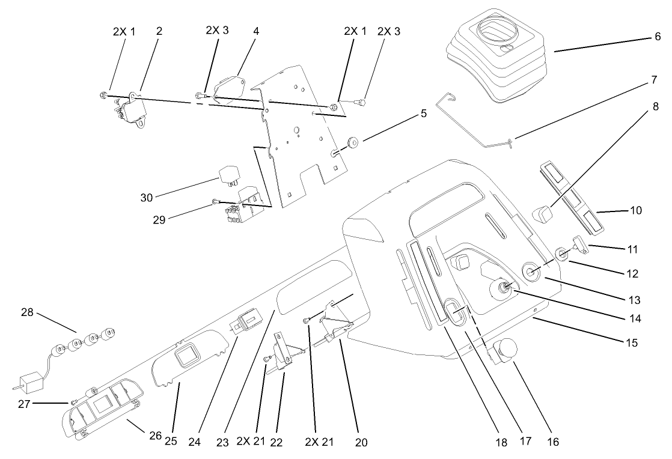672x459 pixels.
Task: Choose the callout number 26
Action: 155,434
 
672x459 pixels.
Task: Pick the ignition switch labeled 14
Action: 500,290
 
